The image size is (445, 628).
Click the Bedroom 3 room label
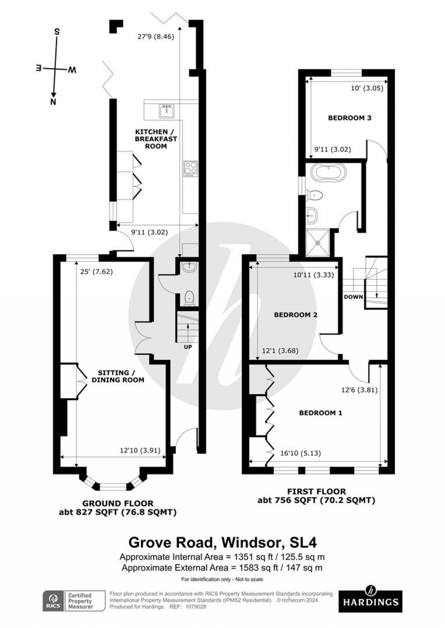349,118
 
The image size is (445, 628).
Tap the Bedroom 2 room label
295,315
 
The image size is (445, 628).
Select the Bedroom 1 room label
320,413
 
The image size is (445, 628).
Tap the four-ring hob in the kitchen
191,169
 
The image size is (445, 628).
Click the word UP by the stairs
188,347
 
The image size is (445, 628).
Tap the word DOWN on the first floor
353,297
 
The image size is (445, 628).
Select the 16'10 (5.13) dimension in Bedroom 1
301,453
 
